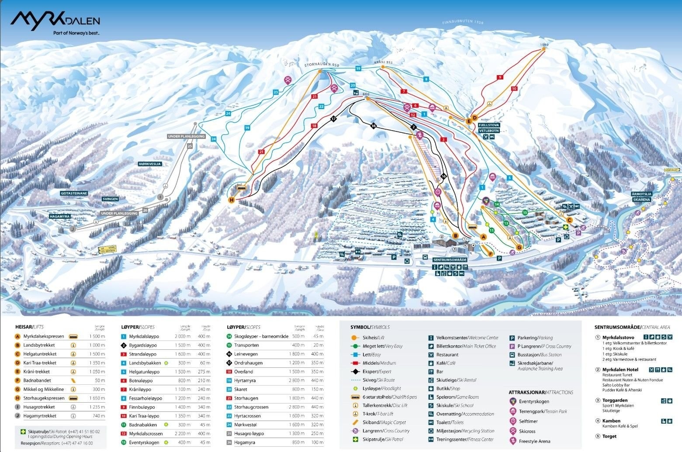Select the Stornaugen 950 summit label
pyautogui.click(x=322, y=65)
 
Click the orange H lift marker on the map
pyautogui.click(x=232, y=200)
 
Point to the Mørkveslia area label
pyautogui.click(x=150, y=164)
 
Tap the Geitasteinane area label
pyautogui.click(x=74, y=193)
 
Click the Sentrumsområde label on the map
pyautogui.click(x=450, y=259)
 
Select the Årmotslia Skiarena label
pyautogui.click(x=641, y=197)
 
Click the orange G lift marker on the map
pyautogui.click(x=519, y=248)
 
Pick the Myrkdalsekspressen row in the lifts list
pyautogui.click(x=44, y=337)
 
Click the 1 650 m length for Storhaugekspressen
pyautogui.click(x=97, y=398)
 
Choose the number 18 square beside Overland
pyautogui.click(x=229, y=372)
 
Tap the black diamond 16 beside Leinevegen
pyautogui.click(x=229, y=354)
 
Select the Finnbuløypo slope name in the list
pyautogui.click(x=142, y=407)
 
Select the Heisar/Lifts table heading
pyautogui.click(x=29, y=327)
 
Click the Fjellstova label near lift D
pyautogui.click(x=488, y=125)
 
